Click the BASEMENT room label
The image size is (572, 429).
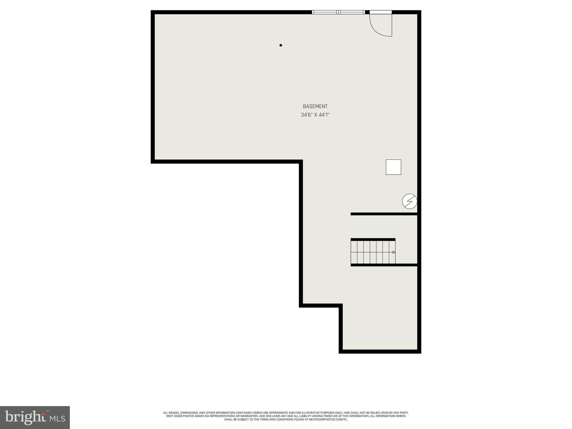(x=315, y=106)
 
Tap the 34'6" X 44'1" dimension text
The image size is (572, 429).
(x=315, y=115)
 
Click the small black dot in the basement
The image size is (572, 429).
(x=281, y=45)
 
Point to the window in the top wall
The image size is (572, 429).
(x=338, y=12)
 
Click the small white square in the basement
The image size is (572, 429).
(x=393, y=167)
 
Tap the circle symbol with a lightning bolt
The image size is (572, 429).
(x=409, y=201)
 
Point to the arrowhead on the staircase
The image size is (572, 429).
(x=394, y=252)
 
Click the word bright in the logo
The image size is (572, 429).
(x=25, y=417)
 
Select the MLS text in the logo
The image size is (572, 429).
(x=58, y=418)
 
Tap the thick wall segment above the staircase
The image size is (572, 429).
(x=373, y=239)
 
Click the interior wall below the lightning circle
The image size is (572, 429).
(x=384, y=214)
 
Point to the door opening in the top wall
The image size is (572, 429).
(x=381, y=12)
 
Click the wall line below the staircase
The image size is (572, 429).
(x=384, y=265)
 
